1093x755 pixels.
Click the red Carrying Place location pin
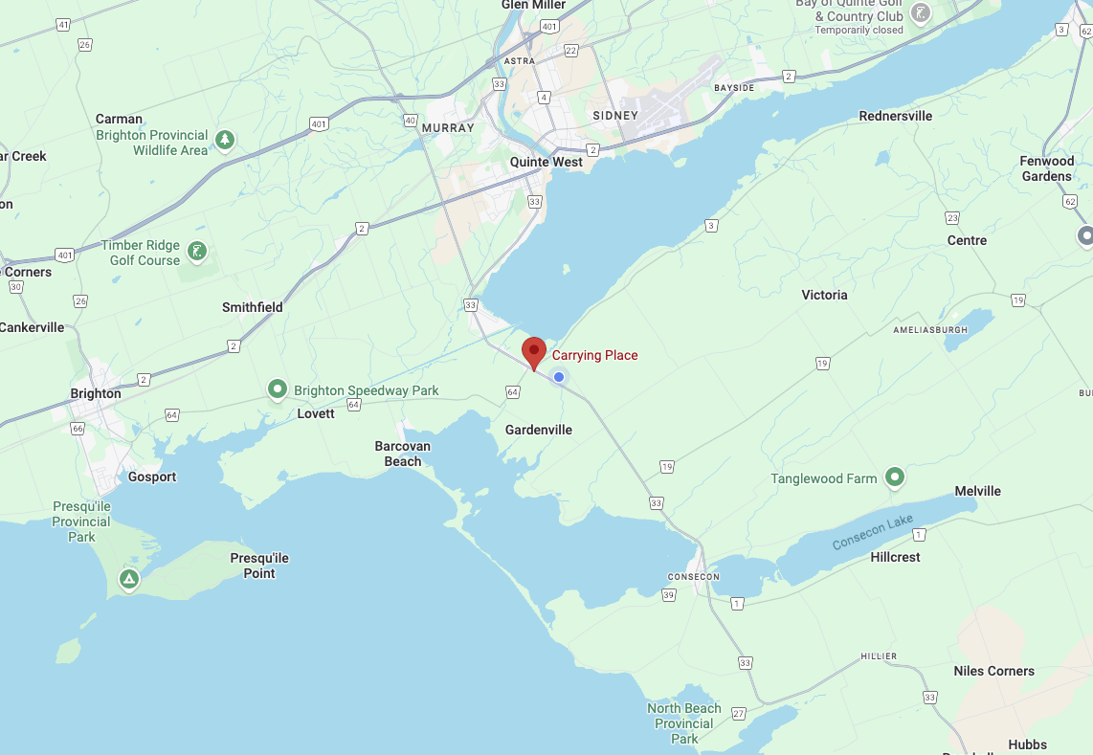pyautogui.click(x=534, y=351)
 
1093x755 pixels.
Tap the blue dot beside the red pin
pyautogui.click(x=559, y=377)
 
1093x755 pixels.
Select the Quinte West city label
pyautogui.click(x=546, y=162)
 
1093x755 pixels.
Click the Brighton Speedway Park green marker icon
pyautogui.click(x=278, y=389)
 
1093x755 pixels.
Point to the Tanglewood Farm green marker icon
pyautogui.click(x=895, y=477)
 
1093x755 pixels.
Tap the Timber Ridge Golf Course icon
pyautogui.click(x=197, y=253)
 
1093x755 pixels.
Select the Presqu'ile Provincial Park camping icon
pyautogui.click(x=128, y=579)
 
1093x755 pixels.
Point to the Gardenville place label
pyautogui.click(x=539, y=430)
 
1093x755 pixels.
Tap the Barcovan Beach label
pyautogui.click(x=403, y=454)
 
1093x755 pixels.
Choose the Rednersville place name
pyautogui.click(x=895, y=116)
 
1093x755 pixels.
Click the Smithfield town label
pyautogui.click(x=253, y=307)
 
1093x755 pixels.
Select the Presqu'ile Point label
pyautogui.click(x=259, y=566)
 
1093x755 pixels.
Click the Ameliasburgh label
pyautogui.click(x=930, y=329)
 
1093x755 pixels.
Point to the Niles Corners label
pyautogui.click(x=993, y=671)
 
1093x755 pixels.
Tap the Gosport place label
pyautogui.click(x=152, y=477)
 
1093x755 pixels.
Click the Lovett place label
pyautogui.click(x=316, y=413)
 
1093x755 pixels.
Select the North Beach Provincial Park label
pyautogui.click(x=684, y=723)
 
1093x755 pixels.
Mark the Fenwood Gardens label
pyautogui.click(x=1046, y=168)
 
